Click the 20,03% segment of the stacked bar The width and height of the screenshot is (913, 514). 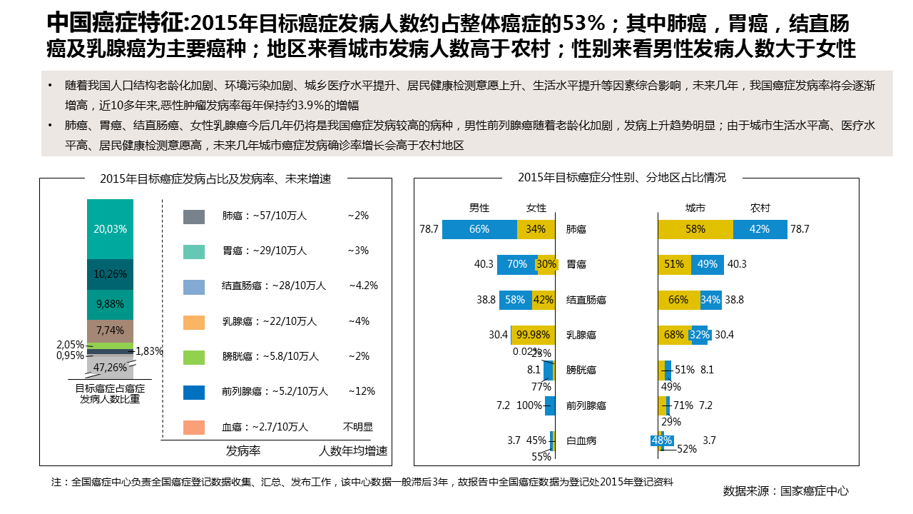[110, 228]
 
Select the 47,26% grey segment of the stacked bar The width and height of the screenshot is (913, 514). [110, 368]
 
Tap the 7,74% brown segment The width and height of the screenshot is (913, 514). [110, 330]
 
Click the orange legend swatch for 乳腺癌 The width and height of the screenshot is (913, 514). [194, 322]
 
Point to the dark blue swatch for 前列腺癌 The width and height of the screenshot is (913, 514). [194, 392]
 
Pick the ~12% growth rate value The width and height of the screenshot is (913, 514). [361, 391]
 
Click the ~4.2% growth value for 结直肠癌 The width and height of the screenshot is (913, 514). [363, 286]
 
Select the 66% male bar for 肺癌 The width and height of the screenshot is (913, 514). [479, 229]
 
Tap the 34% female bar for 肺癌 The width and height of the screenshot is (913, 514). [536, 229]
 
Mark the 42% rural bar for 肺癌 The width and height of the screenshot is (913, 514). [760, 229]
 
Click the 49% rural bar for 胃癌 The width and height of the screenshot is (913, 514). [707, 264]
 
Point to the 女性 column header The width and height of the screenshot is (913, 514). [536, 208]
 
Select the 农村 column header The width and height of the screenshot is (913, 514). [760, 208]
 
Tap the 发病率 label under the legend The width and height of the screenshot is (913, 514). [243, 451]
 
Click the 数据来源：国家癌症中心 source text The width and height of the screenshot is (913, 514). [785, 491]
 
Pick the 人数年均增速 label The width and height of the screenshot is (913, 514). [354, 451]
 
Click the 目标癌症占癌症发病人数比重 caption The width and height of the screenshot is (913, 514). [110, 394]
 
